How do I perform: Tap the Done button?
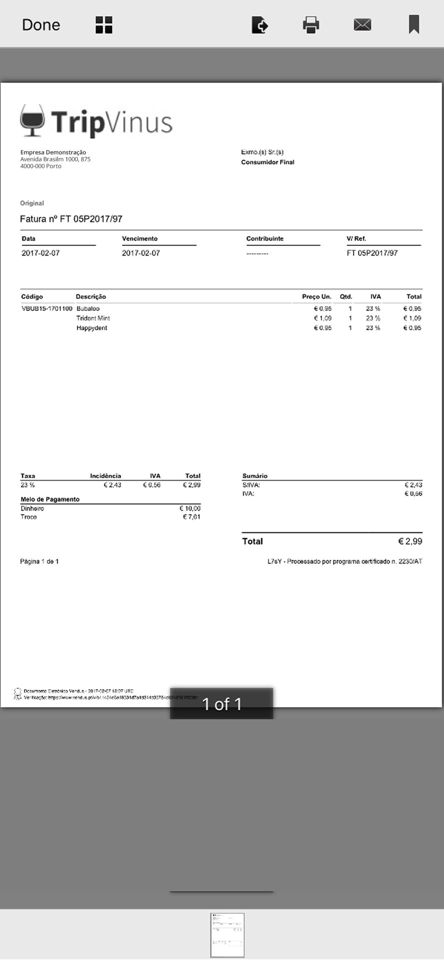tap(41, 25)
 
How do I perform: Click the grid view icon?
tap(104, 25)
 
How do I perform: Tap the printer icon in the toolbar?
tap(311, 25)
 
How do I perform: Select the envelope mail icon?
tap(362, 25)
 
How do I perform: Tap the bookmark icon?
tap(414, 24)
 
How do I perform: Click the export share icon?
tap(259, 25)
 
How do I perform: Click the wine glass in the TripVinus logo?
tap(32, 120)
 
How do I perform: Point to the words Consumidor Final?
tap(268, 162)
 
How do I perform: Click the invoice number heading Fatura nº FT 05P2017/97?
tap(71, 219)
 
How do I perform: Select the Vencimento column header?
tap(140, 239)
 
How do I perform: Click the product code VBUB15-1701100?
tap(47, 309)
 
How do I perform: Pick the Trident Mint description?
tap(93, 318)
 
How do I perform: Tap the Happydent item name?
tap(92, 328)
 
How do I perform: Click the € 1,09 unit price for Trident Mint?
tap(322, 318)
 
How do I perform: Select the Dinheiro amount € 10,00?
tap(190, 508)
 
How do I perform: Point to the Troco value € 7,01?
tap(191, 517)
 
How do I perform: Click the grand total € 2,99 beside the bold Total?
tap(410, 541)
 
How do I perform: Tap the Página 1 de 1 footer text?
tap(39, 561)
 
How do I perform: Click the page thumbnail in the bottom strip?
tap(227, 935)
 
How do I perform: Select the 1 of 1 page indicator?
tap(222, 704)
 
